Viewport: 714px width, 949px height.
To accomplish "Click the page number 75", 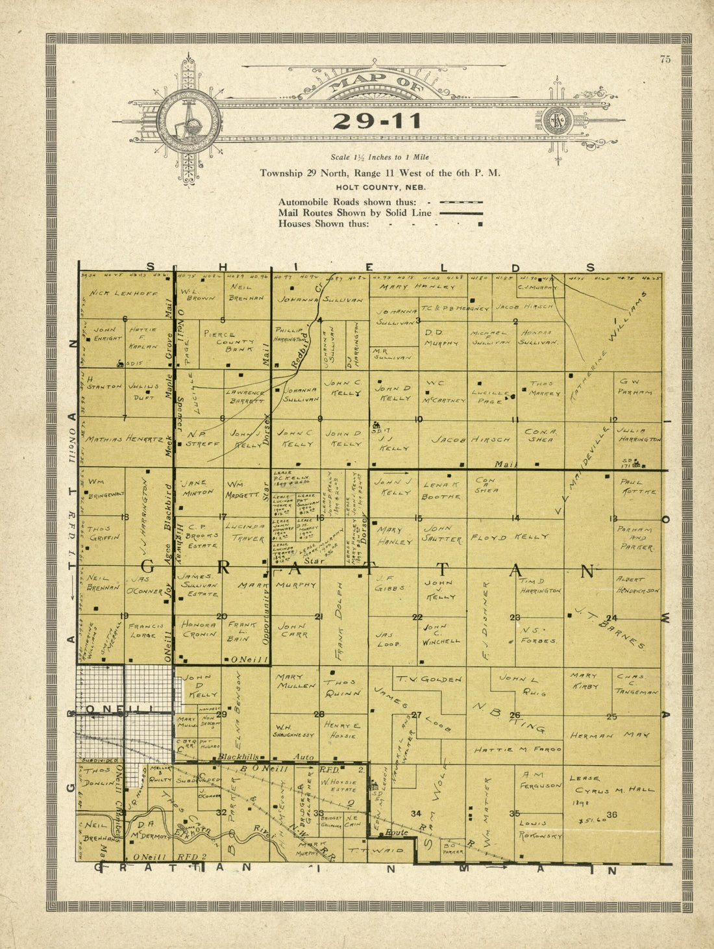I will [665, 60].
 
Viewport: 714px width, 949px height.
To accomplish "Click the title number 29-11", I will [377, 121].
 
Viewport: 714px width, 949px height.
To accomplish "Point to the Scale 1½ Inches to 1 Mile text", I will [380, 157].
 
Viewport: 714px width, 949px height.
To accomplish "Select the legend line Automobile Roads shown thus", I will [347, 202].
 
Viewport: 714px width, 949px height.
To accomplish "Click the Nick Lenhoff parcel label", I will [123, 293].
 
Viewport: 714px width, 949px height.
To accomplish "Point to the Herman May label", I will [601, 735].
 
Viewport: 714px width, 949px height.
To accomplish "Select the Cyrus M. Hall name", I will [615, 790].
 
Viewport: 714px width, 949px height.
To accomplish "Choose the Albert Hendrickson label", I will [637, 585].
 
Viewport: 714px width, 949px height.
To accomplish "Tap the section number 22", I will [417, 617].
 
